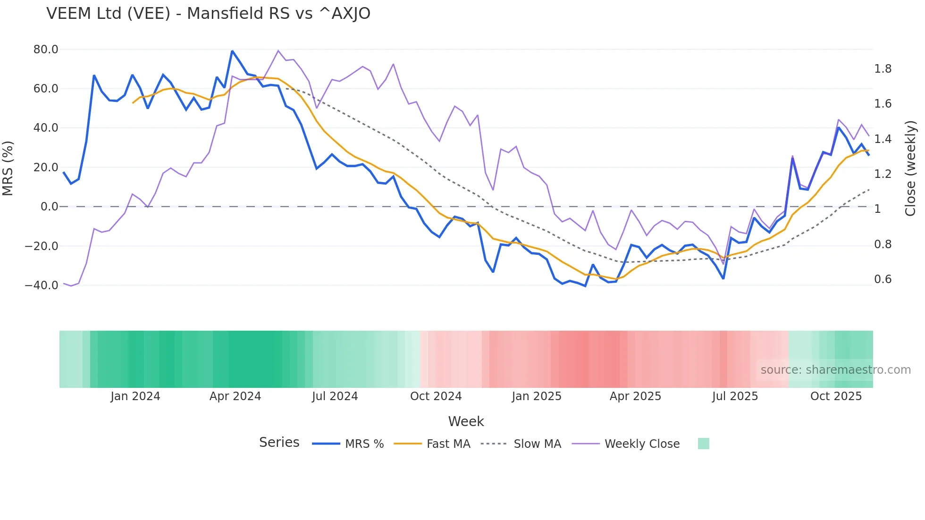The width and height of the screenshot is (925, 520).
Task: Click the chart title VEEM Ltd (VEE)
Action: tap(208, 14)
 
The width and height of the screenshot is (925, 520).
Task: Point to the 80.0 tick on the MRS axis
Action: tap(46, 50)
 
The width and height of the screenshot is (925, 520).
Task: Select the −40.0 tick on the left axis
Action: tap(42, 285)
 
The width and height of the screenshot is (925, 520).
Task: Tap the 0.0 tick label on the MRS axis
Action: tap(49, 207)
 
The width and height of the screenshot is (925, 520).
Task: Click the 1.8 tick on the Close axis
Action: tap(883, 69)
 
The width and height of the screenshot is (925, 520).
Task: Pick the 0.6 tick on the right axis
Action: tap(883, 279)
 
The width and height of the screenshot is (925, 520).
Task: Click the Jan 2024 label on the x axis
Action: tap(135, 396)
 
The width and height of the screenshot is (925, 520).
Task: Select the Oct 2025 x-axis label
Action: tap(836, 396)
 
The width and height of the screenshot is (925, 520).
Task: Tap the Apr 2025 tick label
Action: tap(635, 396)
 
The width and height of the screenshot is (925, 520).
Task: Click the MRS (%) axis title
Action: tap(8, 168)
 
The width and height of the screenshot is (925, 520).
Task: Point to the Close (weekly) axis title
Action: tap(910, 168)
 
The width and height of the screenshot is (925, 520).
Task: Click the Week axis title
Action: tap(466, 421)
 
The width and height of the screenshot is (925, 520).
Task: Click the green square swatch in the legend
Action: tap(703, 444)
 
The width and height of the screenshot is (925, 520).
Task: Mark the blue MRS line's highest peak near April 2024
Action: tap(232, 51)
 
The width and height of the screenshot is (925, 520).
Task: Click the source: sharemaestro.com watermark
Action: tap(835, 370)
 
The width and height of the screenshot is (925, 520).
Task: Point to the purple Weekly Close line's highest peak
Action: tap(278, 50)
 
